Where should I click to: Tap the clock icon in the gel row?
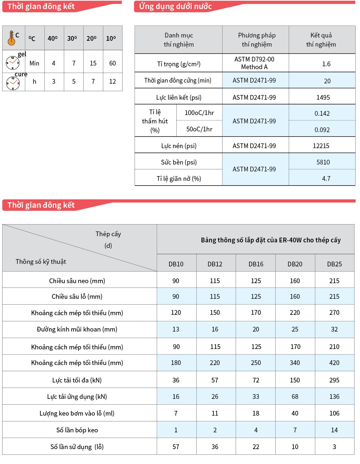12,63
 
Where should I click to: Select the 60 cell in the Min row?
112,63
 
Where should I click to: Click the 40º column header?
53,38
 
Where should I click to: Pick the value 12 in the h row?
112,82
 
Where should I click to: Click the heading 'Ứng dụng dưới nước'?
175,7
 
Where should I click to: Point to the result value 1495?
323,98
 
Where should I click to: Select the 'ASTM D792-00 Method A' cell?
254,63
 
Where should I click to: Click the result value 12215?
321,146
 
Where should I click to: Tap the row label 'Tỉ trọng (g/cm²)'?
179,64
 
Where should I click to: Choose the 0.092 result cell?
322,130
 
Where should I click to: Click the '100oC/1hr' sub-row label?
199,113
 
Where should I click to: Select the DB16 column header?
256,264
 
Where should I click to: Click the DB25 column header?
334,264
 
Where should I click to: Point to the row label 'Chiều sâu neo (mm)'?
77,281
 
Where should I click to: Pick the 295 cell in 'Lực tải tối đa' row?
334,380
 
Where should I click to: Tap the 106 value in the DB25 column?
334,413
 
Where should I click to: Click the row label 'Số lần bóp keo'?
77,430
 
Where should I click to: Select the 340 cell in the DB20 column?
295,363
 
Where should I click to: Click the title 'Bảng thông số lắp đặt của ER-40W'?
271,240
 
